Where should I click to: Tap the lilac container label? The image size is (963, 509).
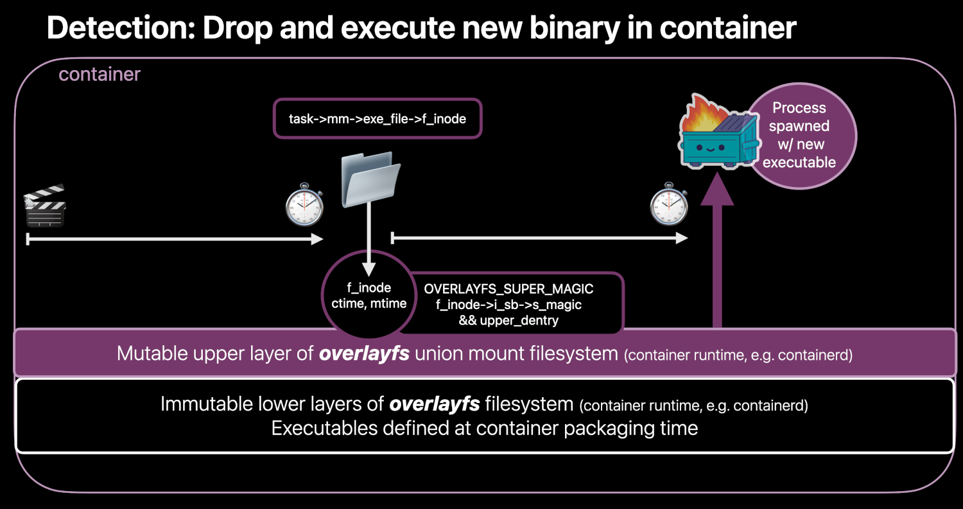[100, 75]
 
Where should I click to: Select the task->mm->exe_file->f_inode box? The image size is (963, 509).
[377, 118]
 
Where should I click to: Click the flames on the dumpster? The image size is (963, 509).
[697, 112]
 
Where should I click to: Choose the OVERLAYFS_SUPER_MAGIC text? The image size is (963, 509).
[508, 289]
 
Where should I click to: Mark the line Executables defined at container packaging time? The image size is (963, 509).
[485, 428]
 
